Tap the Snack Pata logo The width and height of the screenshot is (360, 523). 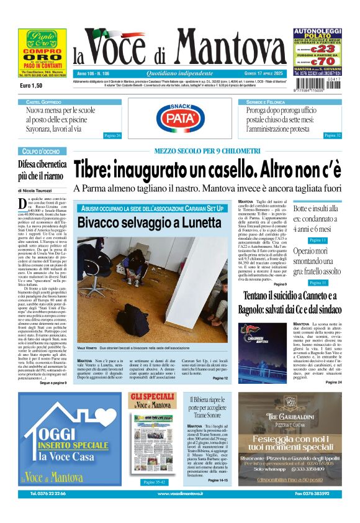click(x=179, y=117)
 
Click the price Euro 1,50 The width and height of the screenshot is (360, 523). click(x=31, y=85)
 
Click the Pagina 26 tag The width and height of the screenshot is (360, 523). click(x=112, y=135)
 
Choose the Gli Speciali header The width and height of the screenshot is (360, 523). click(x=152, y=399)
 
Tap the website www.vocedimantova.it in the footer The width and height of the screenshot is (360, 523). click(x=179, y=511)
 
